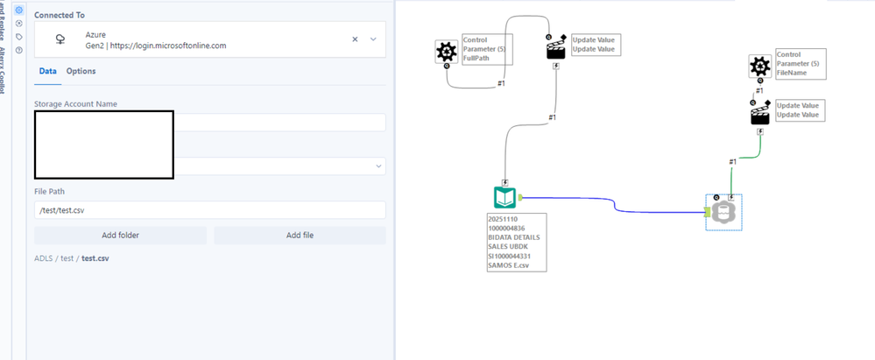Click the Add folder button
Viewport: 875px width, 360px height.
click(x=120, y=235)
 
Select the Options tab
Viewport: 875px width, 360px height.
click(x=81, y=71)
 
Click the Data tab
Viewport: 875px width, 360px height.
click(x=48, y=71)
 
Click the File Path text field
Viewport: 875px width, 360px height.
click(x=209, y=210)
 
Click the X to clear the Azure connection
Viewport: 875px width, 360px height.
click(x=355, y=39)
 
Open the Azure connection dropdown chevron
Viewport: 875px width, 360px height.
click(x=373, y=39)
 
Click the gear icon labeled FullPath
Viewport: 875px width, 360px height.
click(x=447, y=53)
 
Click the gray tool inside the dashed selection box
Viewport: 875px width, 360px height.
click(x=724, y=212)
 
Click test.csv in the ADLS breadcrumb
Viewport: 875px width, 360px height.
click(x=95, y=258)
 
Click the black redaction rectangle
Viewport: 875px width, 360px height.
click(x=102, y=143)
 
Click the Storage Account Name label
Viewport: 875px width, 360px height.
click(x=75, y=104)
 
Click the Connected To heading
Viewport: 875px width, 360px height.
click(x=65, y=16)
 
